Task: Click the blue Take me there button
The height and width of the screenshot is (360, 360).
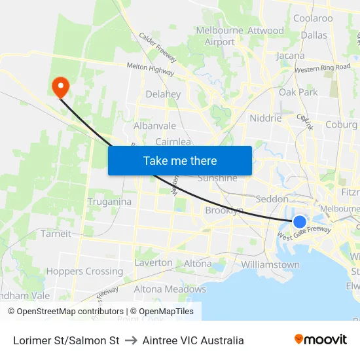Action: coord(180,160)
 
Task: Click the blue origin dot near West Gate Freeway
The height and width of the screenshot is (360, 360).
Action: coord(300,222)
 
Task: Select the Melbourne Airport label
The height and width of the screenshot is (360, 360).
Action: coord(220,36)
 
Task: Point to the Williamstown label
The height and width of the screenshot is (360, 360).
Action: coord(270,264)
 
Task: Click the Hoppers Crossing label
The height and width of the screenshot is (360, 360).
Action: coord(84,271)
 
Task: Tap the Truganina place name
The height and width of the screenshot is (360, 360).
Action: coord(109,202)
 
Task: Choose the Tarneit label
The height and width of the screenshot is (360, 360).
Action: coord(56,233)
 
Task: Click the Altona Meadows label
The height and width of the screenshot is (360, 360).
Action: coord(170,289)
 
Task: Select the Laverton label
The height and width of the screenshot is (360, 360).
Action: coord(153,262)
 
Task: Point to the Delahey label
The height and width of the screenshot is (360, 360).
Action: coord(163,94)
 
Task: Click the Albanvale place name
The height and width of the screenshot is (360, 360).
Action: coord(154,125)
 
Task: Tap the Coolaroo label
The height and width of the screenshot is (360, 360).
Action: coord(313,18)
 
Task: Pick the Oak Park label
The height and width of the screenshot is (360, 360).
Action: coord(298,92)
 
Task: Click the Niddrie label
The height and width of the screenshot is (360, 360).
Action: coord(266,118)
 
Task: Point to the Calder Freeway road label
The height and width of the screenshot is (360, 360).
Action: coord(158,46)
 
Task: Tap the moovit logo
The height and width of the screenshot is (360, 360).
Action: coord(321,340)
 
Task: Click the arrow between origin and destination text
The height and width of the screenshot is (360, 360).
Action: coord(131,340)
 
